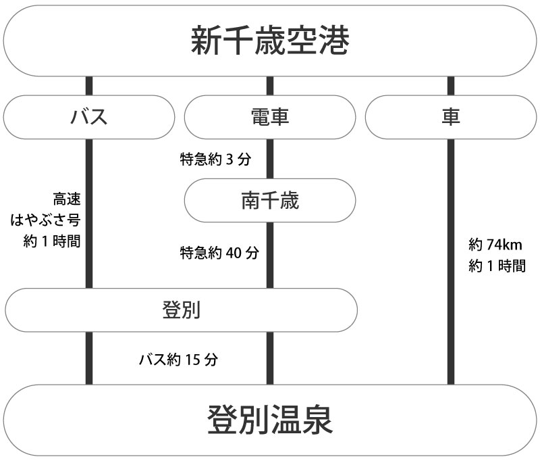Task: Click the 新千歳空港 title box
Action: (x=270, y=41)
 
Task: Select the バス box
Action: (x=89, y=117)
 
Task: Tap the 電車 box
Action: (x=270, y=117)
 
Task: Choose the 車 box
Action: (x=450, y=117)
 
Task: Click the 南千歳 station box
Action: (x=270, y=201)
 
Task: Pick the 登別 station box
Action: (x=181, y=310)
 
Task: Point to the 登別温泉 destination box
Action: (x=270, y=420)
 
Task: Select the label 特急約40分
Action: (x=219, y=253)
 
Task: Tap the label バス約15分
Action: (x=178, y=359)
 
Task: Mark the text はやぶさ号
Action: (x=46, y=220)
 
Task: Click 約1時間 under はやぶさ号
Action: (x=51, y=241)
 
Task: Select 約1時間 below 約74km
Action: (x=496, y=266)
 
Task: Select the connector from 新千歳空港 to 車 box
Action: (x=450, y=86)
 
